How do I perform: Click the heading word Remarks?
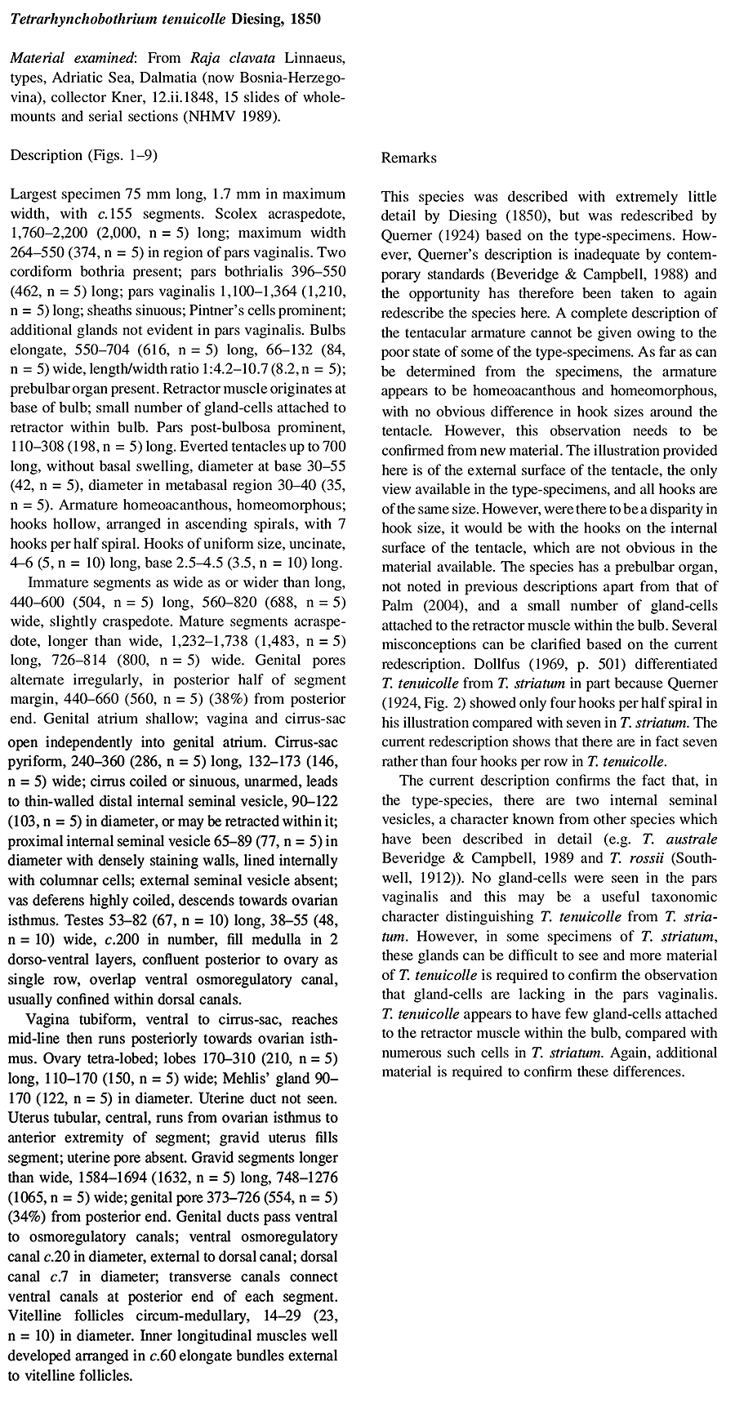408,158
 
